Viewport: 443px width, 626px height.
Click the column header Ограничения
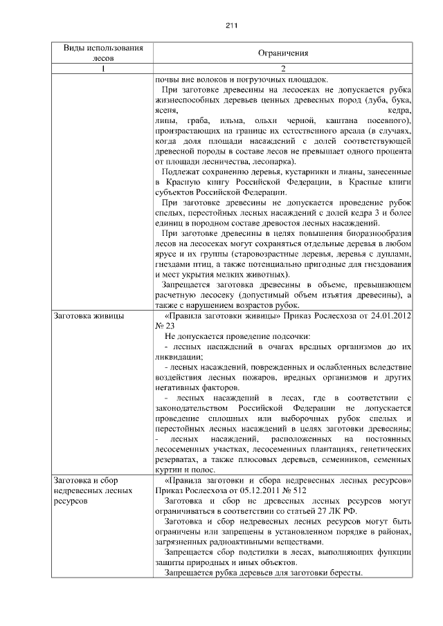pos(282,53)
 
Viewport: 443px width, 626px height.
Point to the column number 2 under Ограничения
pos(282,68)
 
